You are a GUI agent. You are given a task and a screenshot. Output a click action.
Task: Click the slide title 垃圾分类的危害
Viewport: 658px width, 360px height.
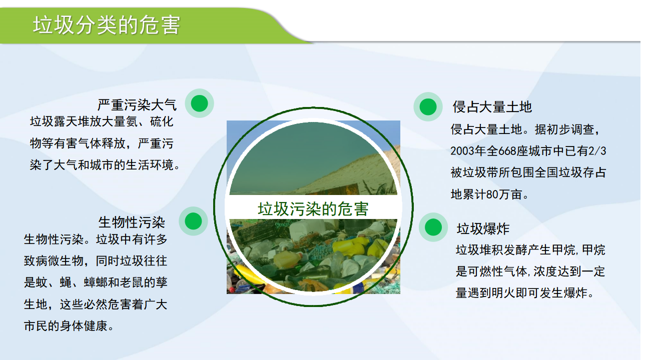coord(107,25)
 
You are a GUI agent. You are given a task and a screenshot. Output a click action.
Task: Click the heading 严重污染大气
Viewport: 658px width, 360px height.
coord(137,105)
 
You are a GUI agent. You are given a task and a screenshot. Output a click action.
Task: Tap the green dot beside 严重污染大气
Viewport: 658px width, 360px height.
coord(200,103)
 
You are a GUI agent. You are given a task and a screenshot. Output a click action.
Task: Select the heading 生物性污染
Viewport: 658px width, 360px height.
coord(132,222)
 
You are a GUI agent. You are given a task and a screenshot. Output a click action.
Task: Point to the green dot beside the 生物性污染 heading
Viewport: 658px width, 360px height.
coord(193,221)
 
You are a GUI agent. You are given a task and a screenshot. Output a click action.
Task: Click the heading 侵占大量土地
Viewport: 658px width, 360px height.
coord(492,107)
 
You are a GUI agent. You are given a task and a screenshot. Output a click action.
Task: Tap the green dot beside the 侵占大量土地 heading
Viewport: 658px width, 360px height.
coord(428,106)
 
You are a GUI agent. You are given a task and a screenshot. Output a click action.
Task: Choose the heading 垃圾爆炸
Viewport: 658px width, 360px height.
coord(483,228)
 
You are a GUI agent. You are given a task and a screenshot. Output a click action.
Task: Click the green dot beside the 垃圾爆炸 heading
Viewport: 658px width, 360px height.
coord(433,227)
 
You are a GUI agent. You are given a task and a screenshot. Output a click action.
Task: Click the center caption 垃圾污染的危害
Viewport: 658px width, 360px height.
coord(313,209)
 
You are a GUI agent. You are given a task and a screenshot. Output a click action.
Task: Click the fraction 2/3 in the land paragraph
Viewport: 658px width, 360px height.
coord(597,151)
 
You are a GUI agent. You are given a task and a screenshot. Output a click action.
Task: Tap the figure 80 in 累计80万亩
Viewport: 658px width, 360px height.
coord(492,194)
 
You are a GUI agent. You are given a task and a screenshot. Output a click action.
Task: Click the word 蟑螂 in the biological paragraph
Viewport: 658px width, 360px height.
coord(96,282)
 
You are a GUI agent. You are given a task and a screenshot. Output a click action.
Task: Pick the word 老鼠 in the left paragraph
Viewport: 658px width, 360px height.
coord(132,282)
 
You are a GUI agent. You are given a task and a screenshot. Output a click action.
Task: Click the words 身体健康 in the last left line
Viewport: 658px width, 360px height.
coord(84,326)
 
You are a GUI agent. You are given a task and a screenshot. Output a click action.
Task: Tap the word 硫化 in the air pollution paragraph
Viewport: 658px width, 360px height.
coord(162,122)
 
